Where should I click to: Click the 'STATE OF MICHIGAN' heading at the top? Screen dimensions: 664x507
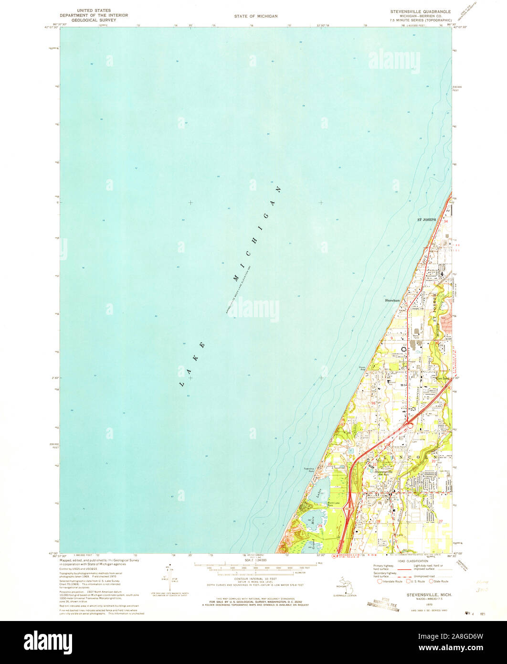click(255, 16)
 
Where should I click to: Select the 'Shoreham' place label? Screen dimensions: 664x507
click(392, 300)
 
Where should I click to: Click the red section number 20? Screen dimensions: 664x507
click(329, 464)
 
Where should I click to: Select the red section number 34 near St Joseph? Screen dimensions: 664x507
click(445, 222)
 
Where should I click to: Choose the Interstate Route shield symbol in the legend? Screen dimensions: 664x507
click(380, 581)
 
